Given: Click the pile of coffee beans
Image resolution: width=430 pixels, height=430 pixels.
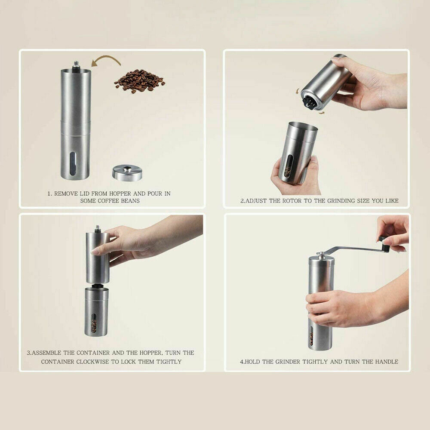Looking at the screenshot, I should (139, 80).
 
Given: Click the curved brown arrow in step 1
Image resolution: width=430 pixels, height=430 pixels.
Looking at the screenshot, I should (107, 61).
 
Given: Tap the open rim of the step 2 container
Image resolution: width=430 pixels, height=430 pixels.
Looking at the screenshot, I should (303, 127).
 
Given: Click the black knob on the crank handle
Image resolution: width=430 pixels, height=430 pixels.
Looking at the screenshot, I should (384, 243).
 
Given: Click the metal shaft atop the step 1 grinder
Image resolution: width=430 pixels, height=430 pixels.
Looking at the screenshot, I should (76, 65).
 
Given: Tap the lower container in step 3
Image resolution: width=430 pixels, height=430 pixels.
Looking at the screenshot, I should (96, 311).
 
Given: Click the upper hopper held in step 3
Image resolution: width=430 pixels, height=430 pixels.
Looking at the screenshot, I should (97, 258).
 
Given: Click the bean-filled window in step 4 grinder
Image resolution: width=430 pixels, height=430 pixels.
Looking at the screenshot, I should (311, 335).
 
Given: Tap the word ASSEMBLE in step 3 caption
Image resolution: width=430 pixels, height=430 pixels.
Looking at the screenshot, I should (50, 353).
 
